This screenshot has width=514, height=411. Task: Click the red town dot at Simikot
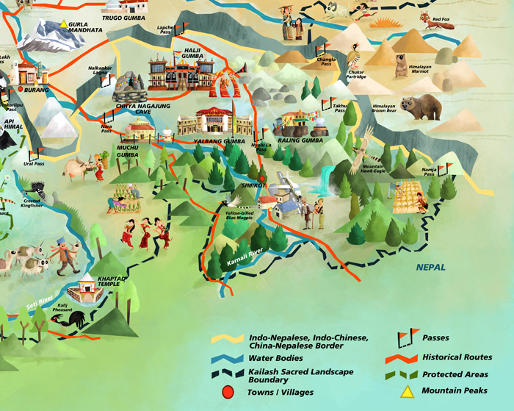tap(261, 179)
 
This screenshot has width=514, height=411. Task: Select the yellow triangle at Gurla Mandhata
tap(64, 24)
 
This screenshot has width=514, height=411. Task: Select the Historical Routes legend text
tap(457, 357)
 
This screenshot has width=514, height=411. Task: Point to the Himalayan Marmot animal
tap(401, 66)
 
